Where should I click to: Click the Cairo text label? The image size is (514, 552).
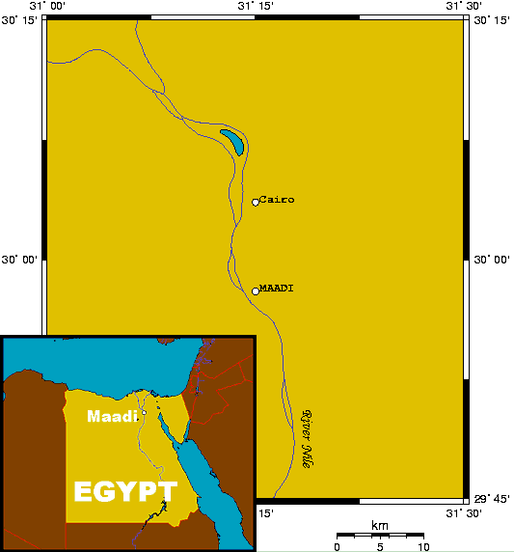coord(277,200)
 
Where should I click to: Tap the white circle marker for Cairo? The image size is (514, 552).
coord(256,202)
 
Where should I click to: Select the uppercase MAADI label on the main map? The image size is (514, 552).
coord(277,289)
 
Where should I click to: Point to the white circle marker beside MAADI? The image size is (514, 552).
coord(256,290)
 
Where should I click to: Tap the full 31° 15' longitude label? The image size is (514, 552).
coord(255,7)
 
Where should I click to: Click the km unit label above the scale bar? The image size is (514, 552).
coord(380,525)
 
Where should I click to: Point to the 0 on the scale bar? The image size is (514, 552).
coord(337,546)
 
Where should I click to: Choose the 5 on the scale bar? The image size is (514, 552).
coord(380,546)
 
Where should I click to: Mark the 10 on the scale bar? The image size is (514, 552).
coord(422,546)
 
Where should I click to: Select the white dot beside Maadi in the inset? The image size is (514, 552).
coord(144,413)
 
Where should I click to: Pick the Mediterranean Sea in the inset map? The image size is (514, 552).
coord(96,362)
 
